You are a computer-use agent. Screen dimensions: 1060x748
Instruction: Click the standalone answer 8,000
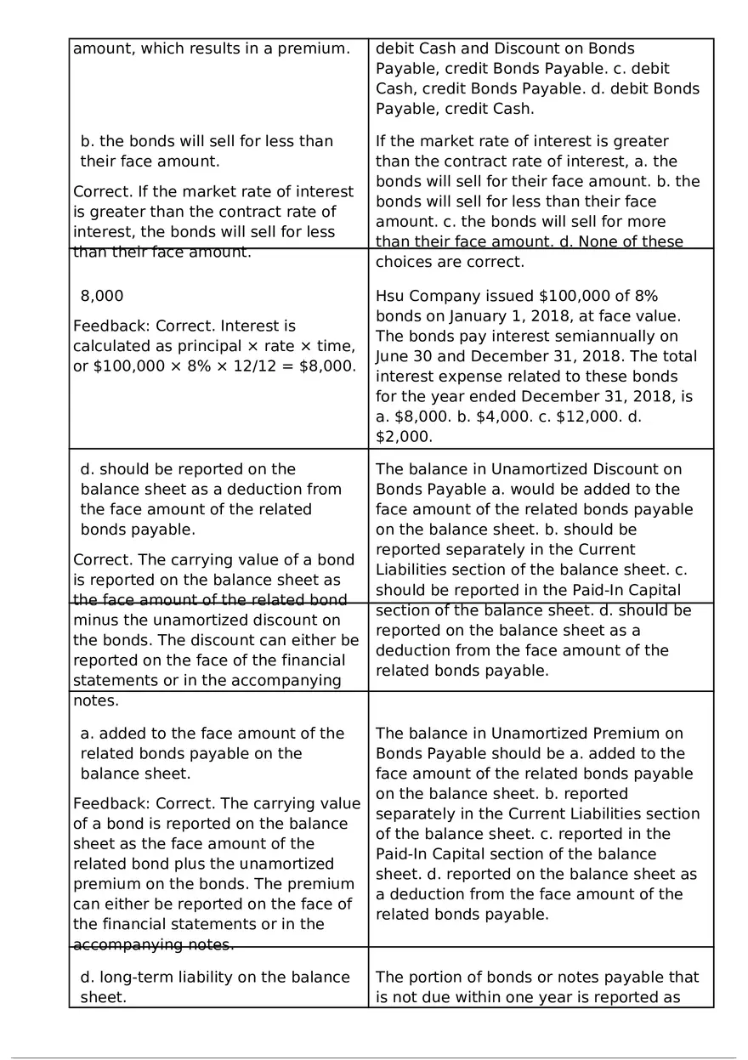click(101, 296)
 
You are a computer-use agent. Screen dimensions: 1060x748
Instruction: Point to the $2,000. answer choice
click(405, 437)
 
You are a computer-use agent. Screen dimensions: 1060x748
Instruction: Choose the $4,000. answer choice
click(501, 417)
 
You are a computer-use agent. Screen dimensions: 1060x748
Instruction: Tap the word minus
click(95, 621)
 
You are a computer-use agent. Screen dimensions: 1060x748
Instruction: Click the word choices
click(404, 262)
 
